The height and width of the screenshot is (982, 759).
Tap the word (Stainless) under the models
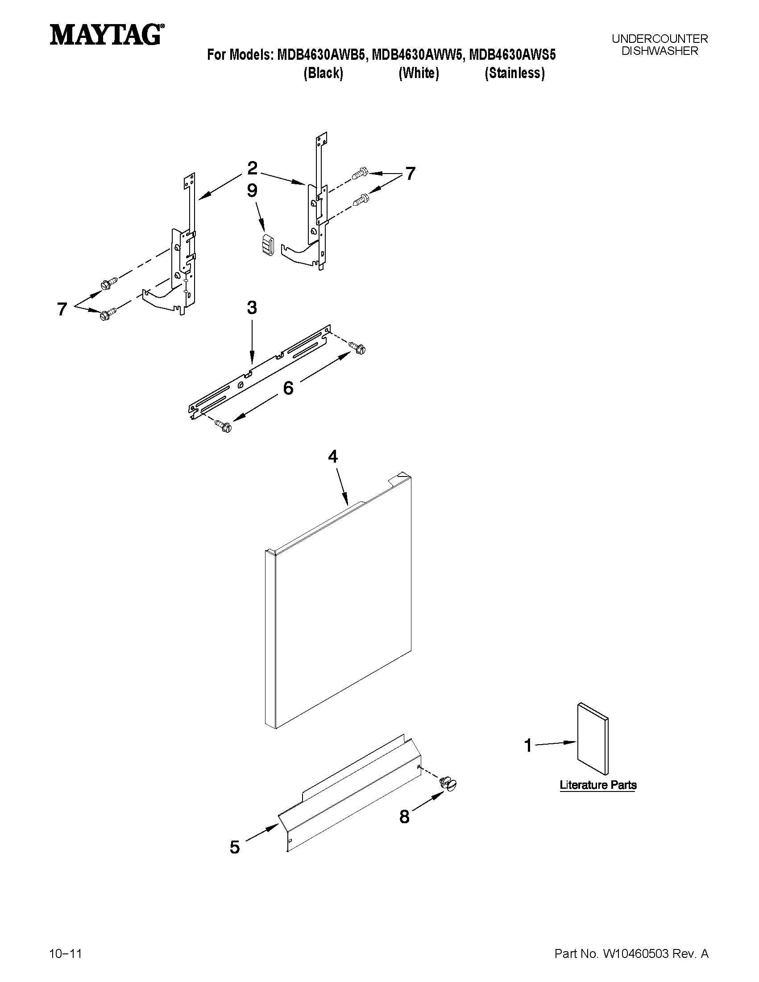coord(514,73)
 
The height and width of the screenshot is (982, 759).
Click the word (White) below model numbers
coord(419,73)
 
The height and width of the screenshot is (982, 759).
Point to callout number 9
coord(252,191)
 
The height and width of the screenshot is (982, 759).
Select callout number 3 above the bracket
coord(252,307)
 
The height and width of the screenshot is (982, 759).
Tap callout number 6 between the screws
coord(288,388)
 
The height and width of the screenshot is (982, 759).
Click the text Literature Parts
coord(597,785)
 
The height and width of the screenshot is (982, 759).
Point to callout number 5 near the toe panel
coord(235,847)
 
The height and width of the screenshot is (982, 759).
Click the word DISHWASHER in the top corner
coord(659,51)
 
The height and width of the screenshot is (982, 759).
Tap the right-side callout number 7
coord(410,174)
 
